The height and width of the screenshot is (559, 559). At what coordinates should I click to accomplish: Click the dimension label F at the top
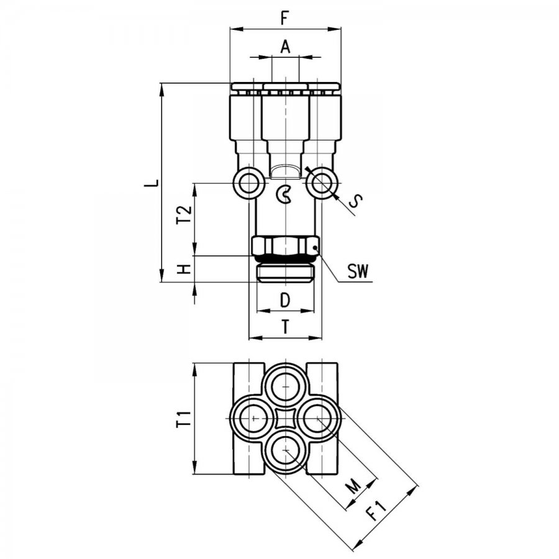tap(284, 18)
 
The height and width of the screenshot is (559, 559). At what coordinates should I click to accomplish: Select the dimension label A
tap(285, 47)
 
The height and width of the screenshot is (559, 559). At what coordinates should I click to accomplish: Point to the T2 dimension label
tap(184, 215)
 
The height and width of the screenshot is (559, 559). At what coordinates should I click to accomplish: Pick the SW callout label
tap(358, 271)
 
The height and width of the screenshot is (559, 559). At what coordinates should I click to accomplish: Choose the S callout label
tap(355, 201)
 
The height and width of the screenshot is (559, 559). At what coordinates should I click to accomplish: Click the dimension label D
tap(285, 300)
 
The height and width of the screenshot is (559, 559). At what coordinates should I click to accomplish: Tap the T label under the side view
tap(285, 327)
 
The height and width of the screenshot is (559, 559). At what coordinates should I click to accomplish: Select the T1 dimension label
tap(184, 419)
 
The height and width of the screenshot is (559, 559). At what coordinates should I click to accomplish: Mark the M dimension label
tap(353, 486)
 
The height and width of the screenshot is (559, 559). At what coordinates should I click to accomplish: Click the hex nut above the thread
tap(285, 246)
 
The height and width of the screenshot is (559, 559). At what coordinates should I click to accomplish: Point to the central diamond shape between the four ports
tap(285, 418)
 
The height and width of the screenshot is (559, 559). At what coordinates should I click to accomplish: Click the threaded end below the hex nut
tap(285, 273)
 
